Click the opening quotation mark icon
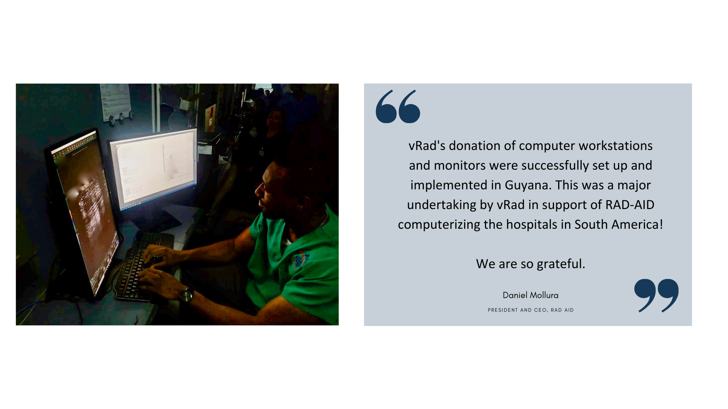tap(398, 106)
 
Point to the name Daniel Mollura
tap(530, 295)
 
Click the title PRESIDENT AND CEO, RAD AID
tap(530, 310)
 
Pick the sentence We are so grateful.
tap(530, 264)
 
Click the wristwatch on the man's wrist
tap(186, 295)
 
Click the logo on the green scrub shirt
tap(301, 260)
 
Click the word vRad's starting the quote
tap(427, 146)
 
